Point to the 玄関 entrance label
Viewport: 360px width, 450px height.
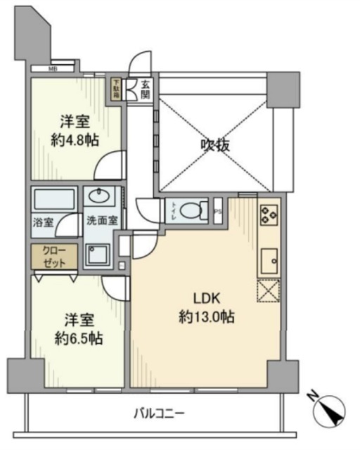coord(145,89)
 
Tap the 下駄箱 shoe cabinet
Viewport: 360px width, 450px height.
coord(115,89)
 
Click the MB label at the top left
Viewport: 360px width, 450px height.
coord(53,69)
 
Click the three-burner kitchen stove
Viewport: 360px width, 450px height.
coord(268,214)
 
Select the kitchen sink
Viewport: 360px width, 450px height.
coord(269,261)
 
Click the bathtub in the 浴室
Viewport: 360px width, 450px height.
coord(54,199)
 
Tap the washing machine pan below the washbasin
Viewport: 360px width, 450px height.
coord(99,254)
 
